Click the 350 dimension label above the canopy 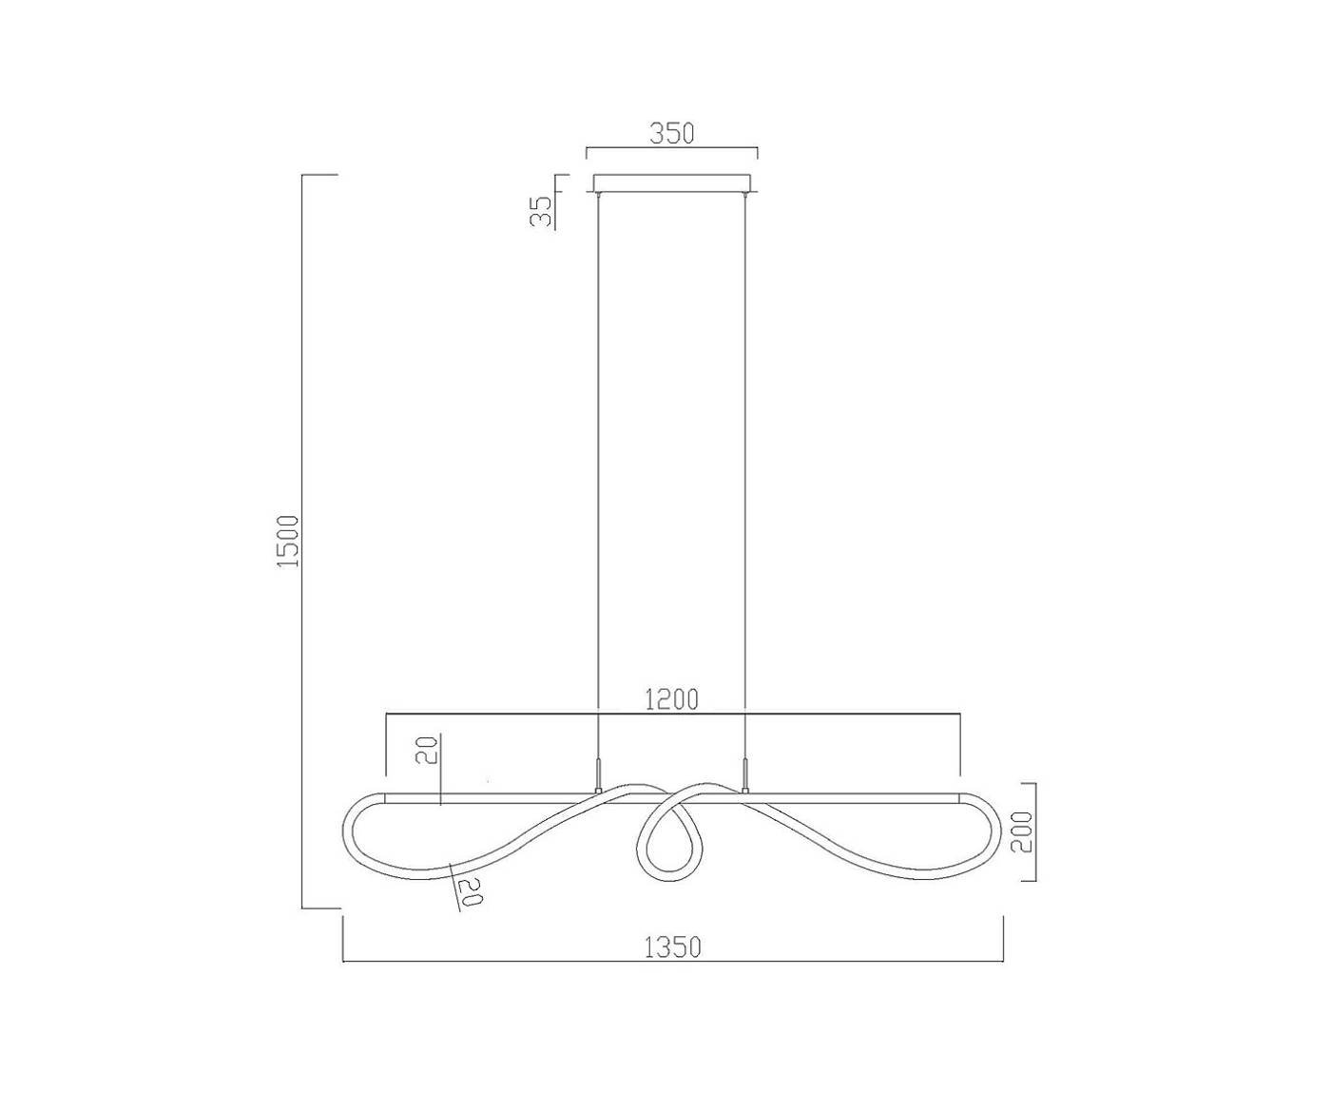pos(672,134)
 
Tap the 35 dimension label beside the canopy pos(541,211)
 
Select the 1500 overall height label pos(288,542)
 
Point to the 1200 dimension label pos(671,700)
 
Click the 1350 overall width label pos(672,947)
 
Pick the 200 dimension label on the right pos(1021,832)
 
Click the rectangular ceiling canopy pos(672,182)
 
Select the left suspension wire pos(598,475)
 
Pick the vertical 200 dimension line pos(1035,832)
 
